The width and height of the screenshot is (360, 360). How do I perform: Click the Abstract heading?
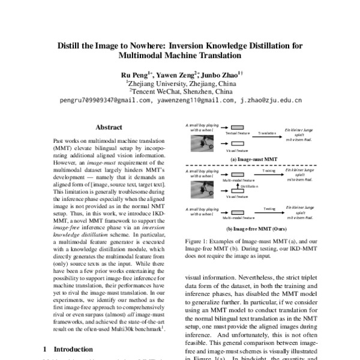(x=109, y=127)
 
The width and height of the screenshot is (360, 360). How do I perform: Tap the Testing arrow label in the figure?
(x=269, y=208)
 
